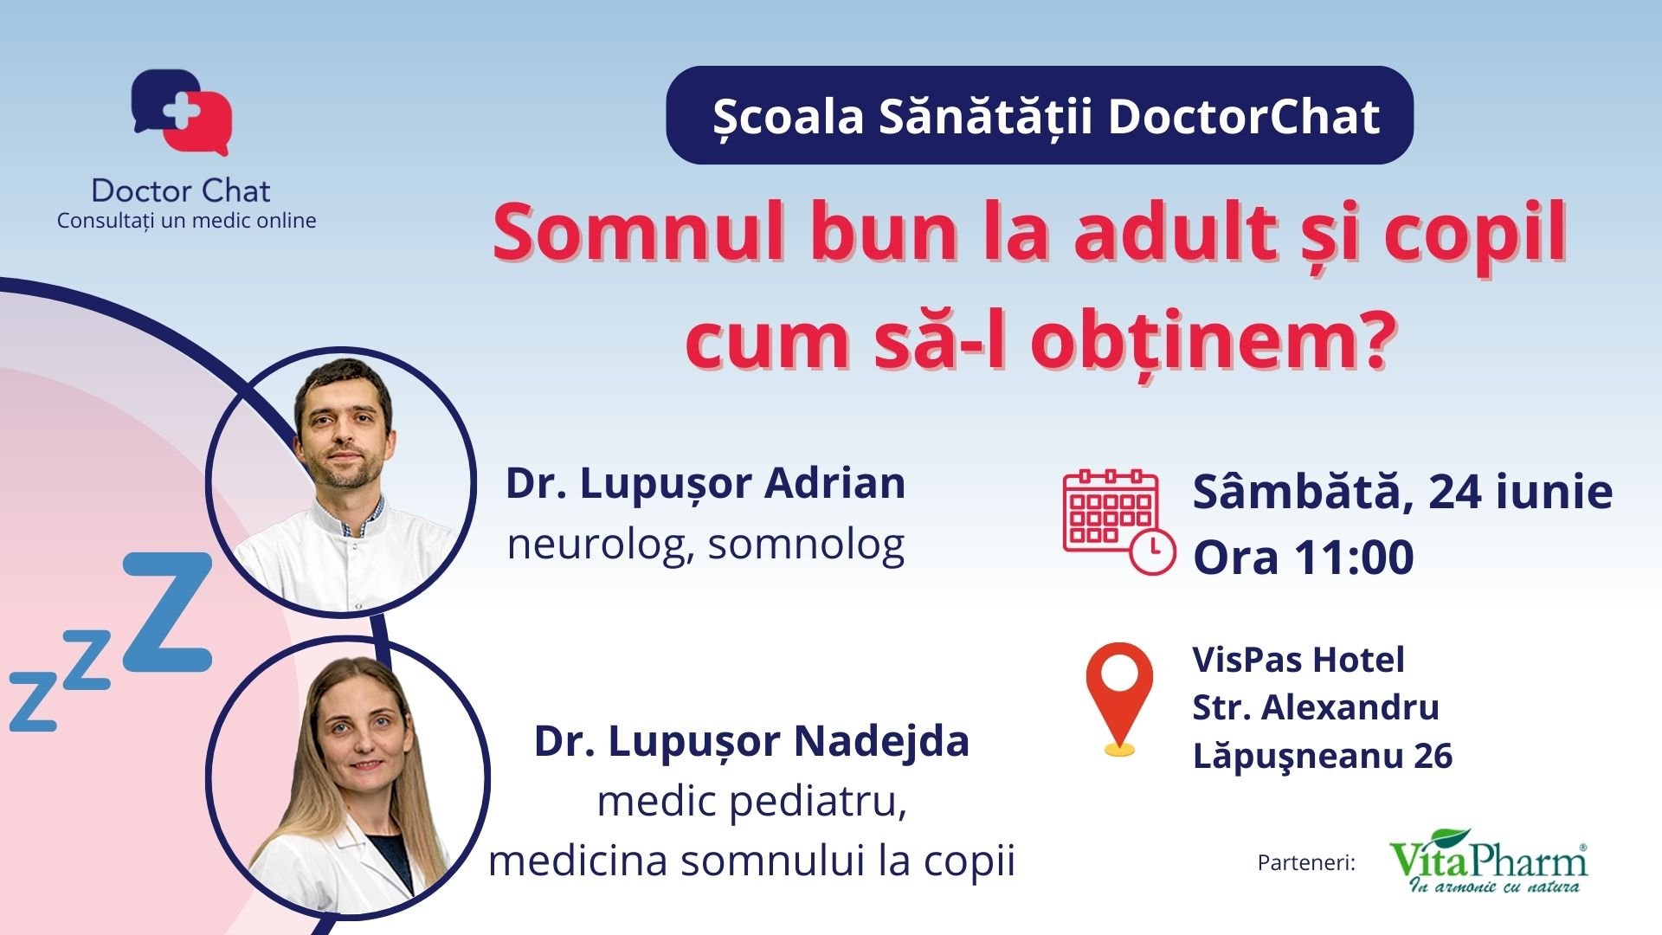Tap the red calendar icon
tap(1118, 520)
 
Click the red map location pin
tap(1119, 697)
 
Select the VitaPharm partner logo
tap(1488, 862)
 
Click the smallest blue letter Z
tap(32, 702)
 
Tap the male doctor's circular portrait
tap(341, 482)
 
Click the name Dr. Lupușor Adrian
tap(705, 483)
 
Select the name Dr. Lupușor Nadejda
tap(751, 741)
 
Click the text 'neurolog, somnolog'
tap(705, 545)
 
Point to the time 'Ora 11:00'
tap(1303, 557)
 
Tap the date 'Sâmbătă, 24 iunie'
tap(1402, 493)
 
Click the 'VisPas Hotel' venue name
tap(1298, 660)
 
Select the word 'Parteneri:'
tap(1305, 863)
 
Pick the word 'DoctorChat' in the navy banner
tap(1243, 117)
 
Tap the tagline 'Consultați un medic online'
tap(186, 221)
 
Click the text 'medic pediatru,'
tap(751, 802)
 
